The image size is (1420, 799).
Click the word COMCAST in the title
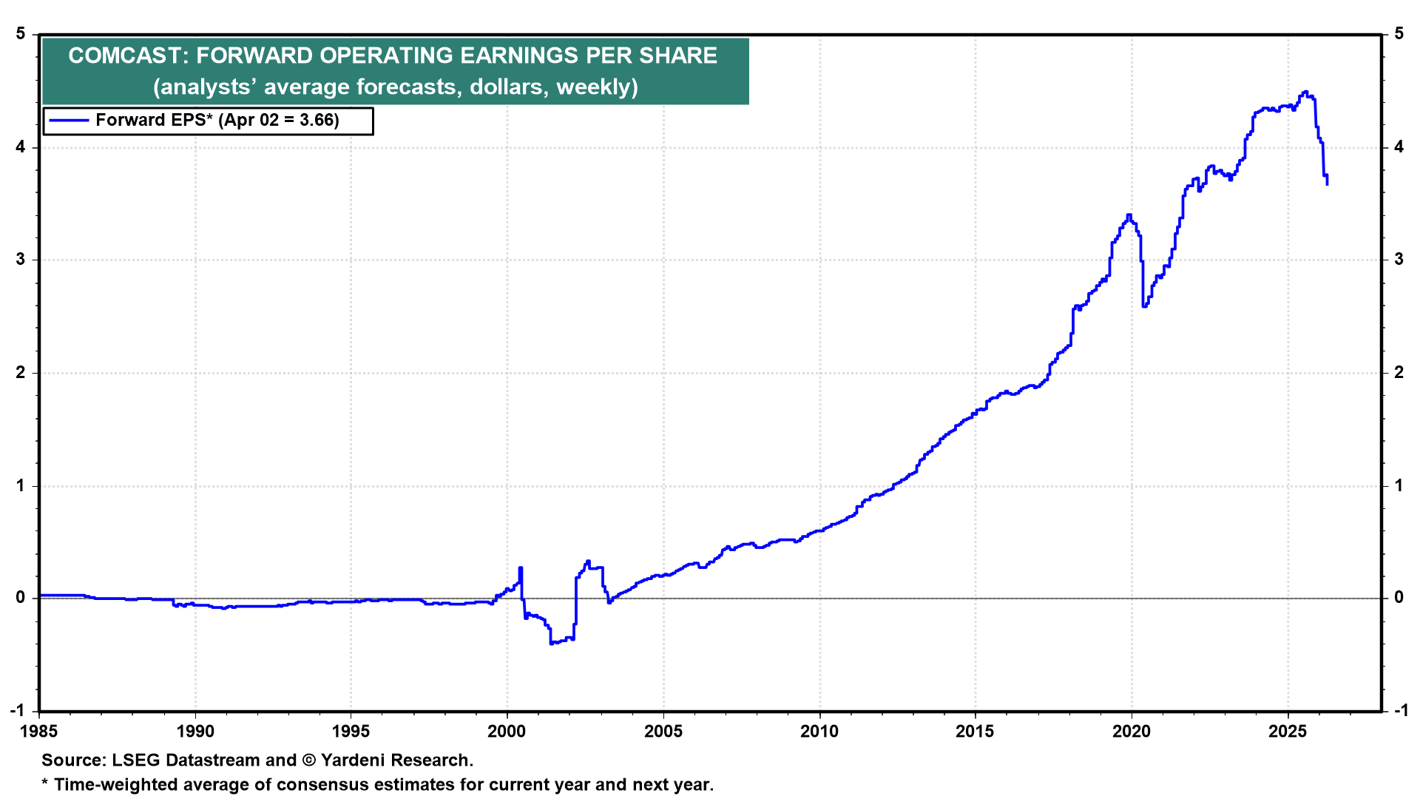click(126, 56)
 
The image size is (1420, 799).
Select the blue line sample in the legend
click(69, 121)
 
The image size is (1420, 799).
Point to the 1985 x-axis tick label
click(39, 732)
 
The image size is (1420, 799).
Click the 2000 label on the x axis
click(507, 732)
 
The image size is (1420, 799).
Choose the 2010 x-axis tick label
click(819, 732)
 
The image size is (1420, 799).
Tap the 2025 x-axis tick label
click(1288, 732)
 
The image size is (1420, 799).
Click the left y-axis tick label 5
click(21, 34)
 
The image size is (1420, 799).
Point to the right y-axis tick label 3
click(1399, 260)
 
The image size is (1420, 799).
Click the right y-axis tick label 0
click(1399, 598)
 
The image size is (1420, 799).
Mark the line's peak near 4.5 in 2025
click(1305, 92)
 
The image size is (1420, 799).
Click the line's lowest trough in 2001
click(552, 644)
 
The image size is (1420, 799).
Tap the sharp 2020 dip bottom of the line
click(1144, 306)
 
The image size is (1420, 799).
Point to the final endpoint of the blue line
click(1327, 183)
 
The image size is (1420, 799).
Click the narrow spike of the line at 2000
click(521, 568)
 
